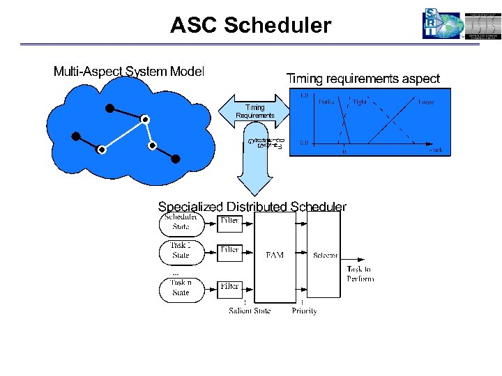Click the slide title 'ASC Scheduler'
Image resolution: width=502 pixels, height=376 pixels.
click(x=251, y=26)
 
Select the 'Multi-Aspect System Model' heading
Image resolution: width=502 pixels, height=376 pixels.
click(x=129, y=72)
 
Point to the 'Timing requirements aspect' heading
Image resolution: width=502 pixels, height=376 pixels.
click(x=363, y=79)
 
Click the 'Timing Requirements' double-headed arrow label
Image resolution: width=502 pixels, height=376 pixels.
click(x=254, y=111)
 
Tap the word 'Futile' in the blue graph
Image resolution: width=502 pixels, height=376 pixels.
click(x=326, y=102)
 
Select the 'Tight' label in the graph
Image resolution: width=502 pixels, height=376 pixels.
click(x=360, y=102)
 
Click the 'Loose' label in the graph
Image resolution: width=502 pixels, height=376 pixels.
click(x=426, y=102)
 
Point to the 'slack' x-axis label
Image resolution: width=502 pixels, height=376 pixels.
click(x=435, y=149)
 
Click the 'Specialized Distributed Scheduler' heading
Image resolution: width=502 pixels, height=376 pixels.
click(x=252, y=207)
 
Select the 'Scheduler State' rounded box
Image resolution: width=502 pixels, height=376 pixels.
click(x=181, y=221)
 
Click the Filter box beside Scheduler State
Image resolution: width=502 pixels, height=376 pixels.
click(x=229, y=221)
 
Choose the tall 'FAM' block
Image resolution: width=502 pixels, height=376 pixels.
click(x=275, y=256)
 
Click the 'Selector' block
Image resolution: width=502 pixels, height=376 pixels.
click(x=325, y=256)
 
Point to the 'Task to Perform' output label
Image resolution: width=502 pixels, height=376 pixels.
click(x=360, y=274)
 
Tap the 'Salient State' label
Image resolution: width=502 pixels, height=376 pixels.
click(x=250, y=311)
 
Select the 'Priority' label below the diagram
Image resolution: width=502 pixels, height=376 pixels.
click(x=304, y=311)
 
